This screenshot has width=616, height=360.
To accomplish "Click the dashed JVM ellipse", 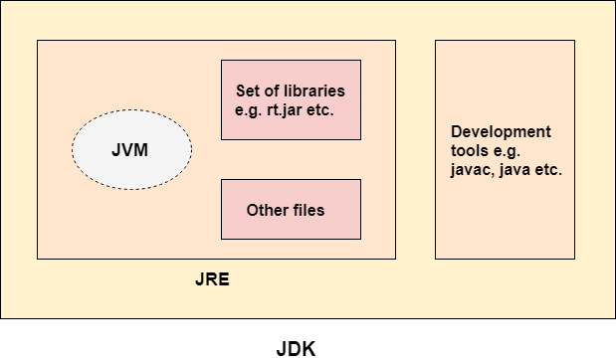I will pyautogui.click(x=131, y=149).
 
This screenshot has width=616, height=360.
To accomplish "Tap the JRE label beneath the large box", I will pyautogui.click(x=212, y=279).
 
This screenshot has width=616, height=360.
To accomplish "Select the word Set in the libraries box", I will pyautogui.click(x=249, y=91).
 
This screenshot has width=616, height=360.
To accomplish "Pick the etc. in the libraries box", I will pyautogui.click(x=321, y=109).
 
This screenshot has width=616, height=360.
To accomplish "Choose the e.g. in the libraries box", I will pyautogui.click(x=249, y=109).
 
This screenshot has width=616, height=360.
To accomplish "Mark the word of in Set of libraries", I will pyautogui.click(x=274, y=91).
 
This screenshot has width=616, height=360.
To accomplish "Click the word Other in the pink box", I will pyautogui.click(x=267, y=211).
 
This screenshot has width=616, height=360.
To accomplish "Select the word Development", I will pyautogui.click(x=501, y=132).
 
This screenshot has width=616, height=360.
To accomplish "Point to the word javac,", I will pyautogui.click(x=472, y=170).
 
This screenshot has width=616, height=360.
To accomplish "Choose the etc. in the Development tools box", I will pyautogui.click(x=549, y=170).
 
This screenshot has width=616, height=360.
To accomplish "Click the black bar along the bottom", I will pyautogui.click(x=308, y=339).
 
